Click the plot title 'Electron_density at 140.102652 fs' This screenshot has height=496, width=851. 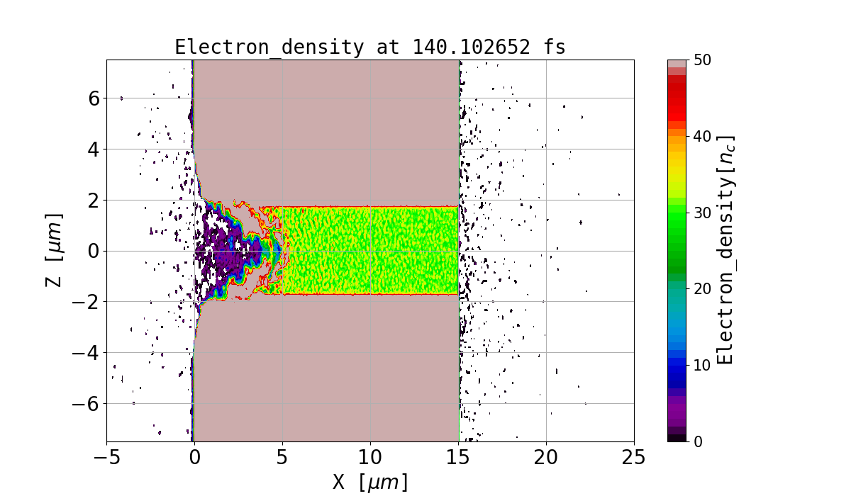(x=370, y=47)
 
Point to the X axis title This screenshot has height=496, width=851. (x=370, y=482)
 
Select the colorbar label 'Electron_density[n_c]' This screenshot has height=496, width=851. (x=724, y=250)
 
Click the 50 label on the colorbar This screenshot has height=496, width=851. (x=702, y=60)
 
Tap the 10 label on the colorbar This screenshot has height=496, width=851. (x=702, y=366)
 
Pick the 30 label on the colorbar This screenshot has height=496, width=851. (x=702, y=213)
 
